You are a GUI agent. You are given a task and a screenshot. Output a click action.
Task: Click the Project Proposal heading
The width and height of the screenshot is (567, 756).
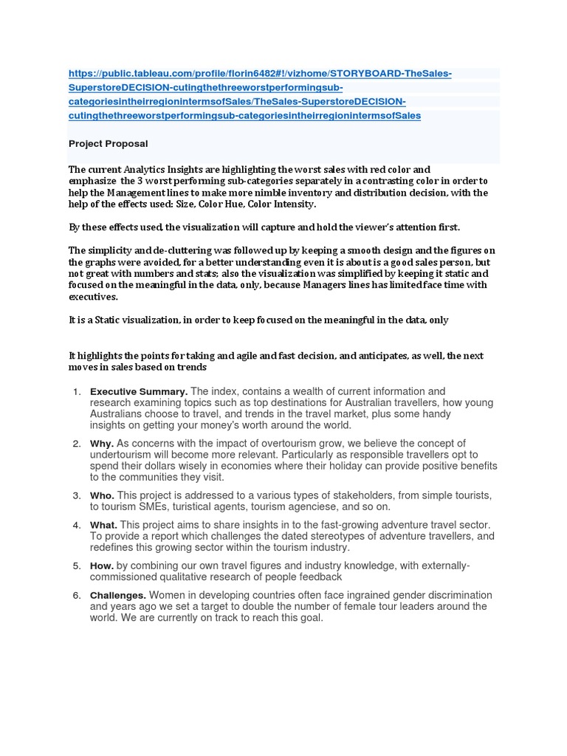tap(108, 143)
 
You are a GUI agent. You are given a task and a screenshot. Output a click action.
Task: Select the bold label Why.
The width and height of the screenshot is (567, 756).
tap(101, 443)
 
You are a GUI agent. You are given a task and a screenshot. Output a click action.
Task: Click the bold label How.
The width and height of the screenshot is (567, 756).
tap(102, 566)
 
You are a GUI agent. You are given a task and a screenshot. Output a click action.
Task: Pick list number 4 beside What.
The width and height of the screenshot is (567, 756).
tap(77, 525)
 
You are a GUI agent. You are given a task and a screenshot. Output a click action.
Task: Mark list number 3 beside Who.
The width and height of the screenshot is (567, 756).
tap(77, 495)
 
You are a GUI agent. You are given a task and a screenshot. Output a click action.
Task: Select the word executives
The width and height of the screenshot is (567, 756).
tap(93, 297)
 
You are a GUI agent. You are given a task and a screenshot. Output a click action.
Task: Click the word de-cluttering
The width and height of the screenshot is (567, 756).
tap(155, 250)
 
